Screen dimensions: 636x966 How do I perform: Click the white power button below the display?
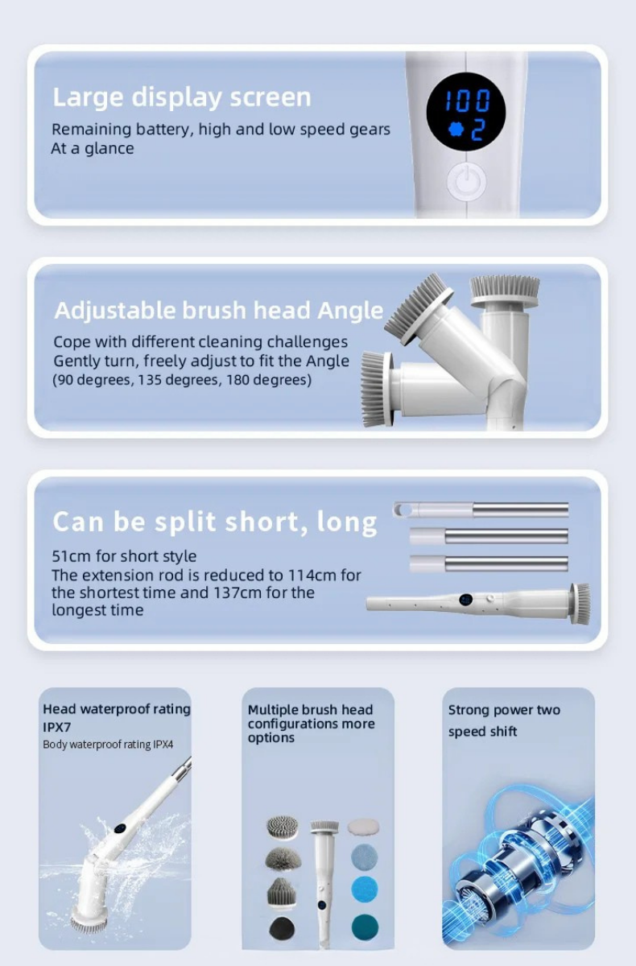point(466,182)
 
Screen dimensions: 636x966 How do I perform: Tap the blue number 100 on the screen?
point(468,101)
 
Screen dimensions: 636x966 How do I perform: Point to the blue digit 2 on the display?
point(477,130)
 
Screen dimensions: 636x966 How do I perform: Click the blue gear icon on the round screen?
point(456,130)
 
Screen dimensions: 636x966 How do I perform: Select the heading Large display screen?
point(181,98)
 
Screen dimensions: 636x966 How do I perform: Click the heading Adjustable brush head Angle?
point(219,310)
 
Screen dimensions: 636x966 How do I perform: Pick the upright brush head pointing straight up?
point(505,293)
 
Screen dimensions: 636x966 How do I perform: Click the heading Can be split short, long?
point(214,522)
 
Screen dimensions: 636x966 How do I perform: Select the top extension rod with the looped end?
point(481,510)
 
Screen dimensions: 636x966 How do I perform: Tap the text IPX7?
point(56,727)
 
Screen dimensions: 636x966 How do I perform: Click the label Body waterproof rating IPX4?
point(108,745)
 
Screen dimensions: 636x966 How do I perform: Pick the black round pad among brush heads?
point(282,927)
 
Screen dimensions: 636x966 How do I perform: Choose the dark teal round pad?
point(365,927)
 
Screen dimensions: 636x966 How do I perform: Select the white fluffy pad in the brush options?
point(363,826)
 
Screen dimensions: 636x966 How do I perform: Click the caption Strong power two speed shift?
point(504,720)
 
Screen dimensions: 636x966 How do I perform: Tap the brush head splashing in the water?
point(89,916)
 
